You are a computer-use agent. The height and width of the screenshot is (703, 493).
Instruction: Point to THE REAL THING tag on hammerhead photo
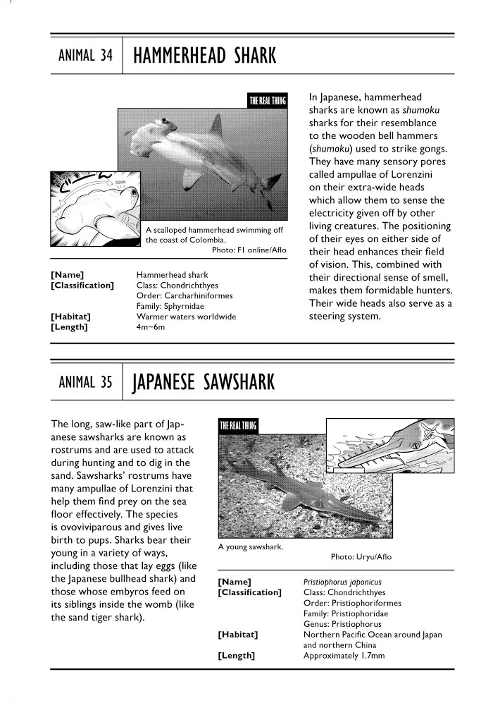(268, 101)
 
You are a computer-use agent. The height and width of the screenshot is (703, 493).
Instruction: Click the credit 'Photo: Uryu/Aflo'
(361, 557)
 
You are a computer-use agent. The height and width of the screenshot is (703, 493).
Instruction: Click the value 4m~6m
(151, 327)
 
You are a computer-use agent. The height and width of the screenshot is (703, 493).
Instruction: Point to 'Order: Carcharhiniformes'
(185, 295)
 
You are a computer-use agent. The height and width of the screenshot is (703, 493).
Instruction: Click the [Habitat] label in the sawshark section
(238, 635)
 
